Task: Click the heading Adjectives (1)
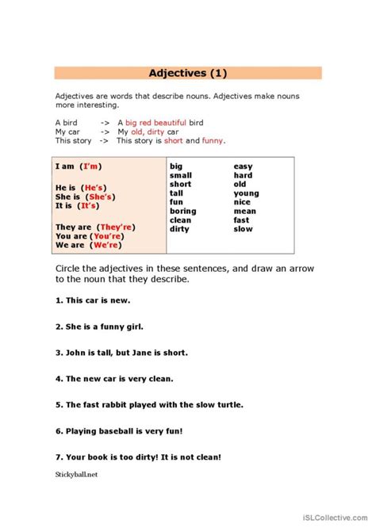pos(188,74)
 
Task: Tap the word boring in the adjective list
pos(183,212)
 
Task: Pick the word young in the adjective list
pos(246,193)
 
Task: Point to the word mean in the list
pos(244,212)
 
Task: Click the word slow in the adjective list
pos(243,229)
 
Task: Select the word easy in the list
pos(244,166)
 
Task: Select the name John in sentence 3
pos(77,352)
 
